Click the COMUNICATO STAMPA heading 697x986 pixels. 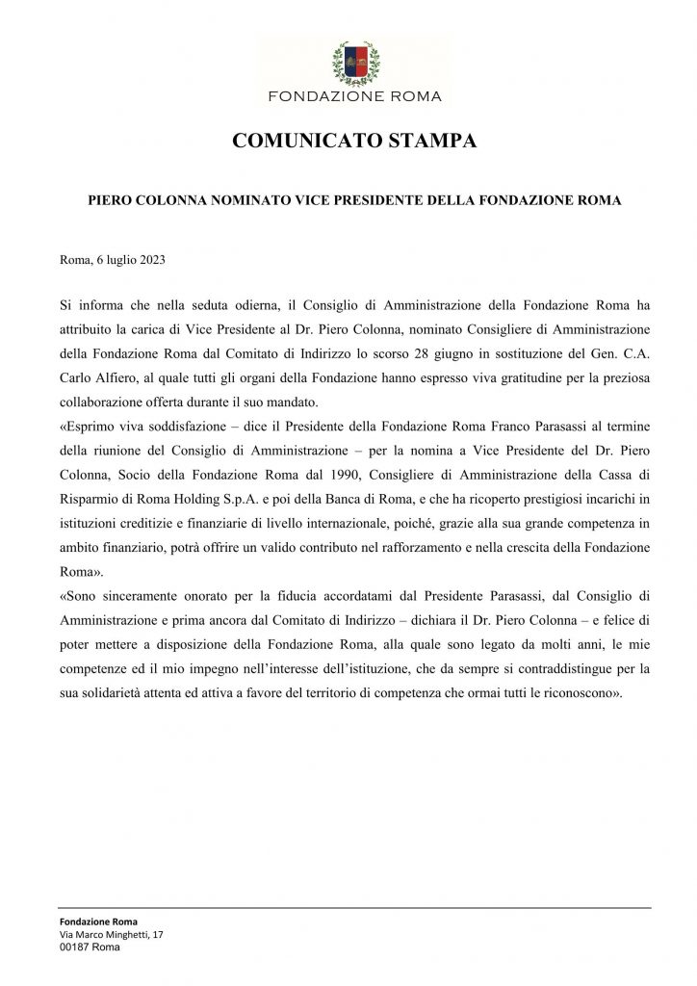click(354, 142)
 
